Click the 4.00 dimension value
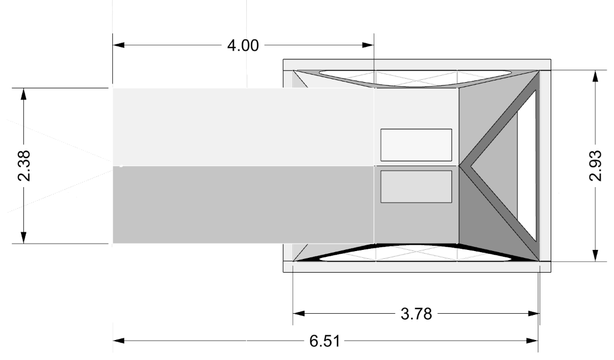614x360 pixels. click(243, 46)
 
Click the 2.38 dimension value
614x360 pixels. click(25, 165)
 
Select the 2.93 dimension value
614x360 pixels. click(595, 165)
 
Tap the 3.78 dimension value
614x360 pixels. click(416, 314)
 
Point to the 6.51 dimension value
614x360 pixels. click(324, 341)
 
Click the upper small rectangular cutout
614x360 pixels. click(416, 145)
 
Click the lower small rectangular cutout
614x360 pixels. click(416, 187)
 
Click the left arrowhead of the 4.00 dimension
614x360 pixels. click(119, 45)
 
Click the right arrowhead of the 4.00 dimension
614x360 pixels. click(368, 45)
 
